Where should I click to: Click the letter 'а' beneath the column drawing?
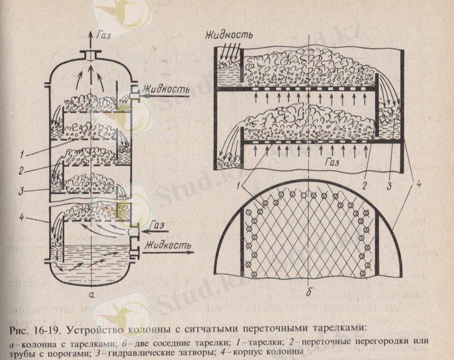pos(89,295)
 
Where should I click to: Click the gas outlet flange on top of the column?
pos(91,55)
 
